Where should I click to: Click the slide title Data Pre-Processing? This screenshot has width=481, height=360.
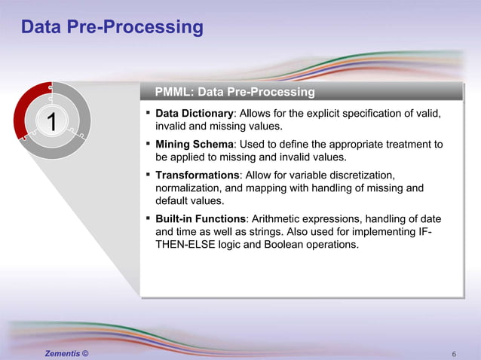pyautogui.click(x=112, y=28)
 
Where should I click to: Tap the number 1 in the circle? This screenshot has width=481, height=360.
pyautogui.click(x=51, y=121)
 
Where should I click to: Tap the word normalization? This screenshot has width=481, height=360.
pyautogui.click(x=189, y=188)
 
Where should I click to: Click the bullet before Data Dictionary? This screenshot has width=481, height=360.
pyautogui.click(x=148, y=114)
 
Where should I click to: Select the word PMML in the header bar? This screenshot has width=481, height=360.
pyautogui.click(x=173, y=92)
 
